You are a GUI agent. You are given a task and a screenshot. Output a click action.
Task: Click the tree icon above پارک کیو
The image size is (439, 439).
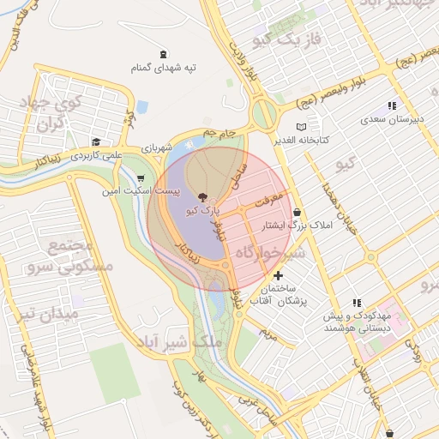[x=201, y=197]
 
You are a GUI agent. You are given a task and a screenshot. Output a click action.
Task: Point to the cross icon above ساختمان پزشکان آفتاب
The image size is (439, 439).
[x=278, y=275]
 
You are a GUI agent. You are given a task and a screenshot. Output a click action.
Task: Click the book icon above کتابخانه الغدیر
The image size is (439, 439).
[x=301, y=127]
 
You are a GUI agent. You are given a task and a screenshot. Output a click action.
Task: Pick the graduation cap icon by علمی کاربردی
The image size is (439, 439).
[x=97, y=142]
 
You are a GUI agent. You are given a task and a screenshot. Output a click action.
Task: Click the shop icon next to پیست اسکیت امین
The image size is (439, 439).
[x=140, y=179]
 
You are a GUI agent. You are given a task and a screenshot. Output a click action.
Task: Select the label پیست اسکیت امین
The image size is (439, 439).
[x=140, y=190]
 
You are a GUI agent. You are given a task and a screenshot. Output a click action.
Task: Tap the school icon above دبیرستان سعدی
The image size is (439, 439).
[x=392, y=105]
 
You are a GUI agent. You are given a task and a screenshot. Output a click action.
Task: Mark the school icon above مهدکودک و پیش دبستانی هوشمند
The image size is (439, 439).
[x=357, y=303]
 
